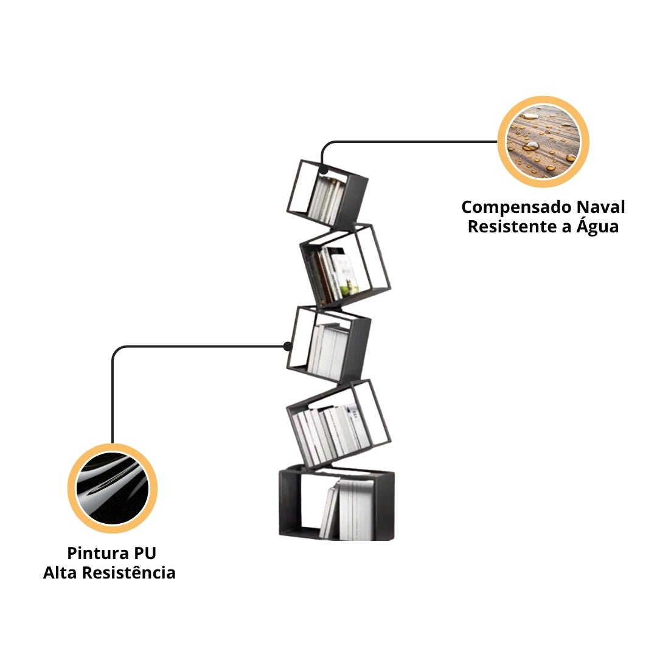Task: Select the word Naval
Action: click(602, 207)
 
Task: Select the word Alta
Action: click(60, 573)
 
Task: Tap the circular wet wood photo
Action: click(543, 142)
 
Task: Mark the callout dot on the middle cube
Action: click(287, 346)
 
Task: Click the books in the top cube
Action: click(325, 200)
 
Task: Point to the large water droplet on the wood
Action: click(531, 146)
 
